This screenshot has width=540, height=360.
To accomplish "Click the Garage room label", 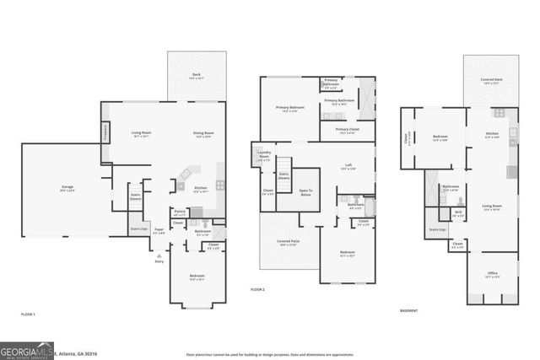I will point(67,188).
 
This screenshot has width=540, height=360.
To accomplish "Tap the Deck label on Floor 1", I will point(197,74).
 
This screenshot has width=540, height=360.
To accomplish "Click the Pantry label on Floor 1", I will point(179,212).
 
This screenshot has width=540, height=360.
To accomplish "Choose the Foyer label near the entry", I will point(159,229).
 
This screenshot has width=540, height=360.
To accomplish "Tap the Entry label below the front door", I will point(159,261).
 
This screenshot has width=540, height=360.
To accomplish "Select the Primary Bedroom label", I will point(290,108).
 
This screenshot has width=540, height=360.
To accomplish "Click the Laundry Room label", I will point(264,156).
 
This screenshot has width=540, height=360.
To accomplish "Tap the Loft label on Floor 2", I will point(348,165).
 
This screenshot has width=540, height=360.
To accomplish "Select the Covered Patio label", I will point(288,242).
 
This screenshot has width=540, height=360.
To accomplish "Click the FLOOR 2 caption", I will point(257,290).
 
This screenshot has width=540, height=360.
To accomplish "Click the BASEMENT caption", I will point(411,310).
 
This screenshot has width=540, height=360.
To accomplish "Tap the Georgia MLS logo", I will point(28,350).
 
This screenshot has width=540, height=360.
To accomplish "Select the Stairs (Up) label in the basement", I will point(436,229).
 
